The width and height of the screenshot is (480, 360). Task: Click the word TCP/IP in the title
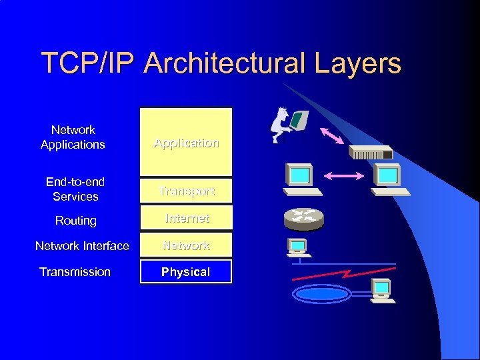[x=87, y=64]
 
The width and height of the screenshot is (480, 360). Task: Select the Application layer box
[x=186, y=142]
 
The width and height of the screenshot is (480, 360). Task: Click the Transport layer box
[x=186, y=191]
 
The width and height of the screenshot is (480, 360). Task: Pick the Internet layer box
[x=186, y=218]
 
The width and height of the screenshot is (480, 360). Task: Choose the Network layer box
[x=186, y=245]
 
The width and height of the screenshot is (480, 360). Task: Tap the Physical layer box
[x=186, y=272]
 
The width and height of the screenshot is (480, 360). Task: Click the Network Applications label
[x=73, y=137]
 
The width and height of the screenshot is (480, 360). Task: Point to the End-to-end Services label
[x=75, y=189]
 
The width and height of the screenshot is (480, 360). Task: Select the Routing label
[x=76, y=221]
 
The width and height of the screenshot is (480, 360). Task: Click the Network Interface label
[x=82, y=246]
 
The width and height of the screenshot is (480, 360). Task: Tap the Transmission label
[x=75, y=272]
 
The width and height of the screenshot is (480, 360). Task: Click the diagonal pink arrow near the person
[x=331, y=135]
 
